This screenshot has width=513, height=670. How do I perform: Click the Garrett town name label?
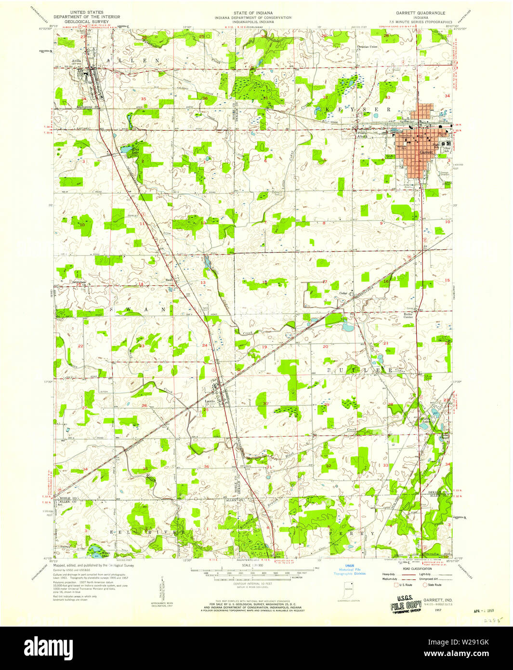[426, 152]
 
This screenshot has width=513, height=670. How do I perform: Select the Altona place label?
[362, 136]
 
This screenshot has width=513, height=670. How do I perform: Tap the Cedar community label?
[343, 293]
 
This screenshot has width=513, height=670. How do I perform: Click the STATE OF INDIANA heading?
[253, 13]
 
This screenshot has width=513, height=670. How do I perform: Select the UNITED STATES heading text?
[86, 13]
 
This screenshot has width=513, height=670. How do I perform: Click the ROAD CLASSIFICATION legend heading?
[417, 569]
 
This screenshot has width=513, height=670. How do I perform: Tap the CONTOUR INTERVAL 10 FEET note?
[252, 584]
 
